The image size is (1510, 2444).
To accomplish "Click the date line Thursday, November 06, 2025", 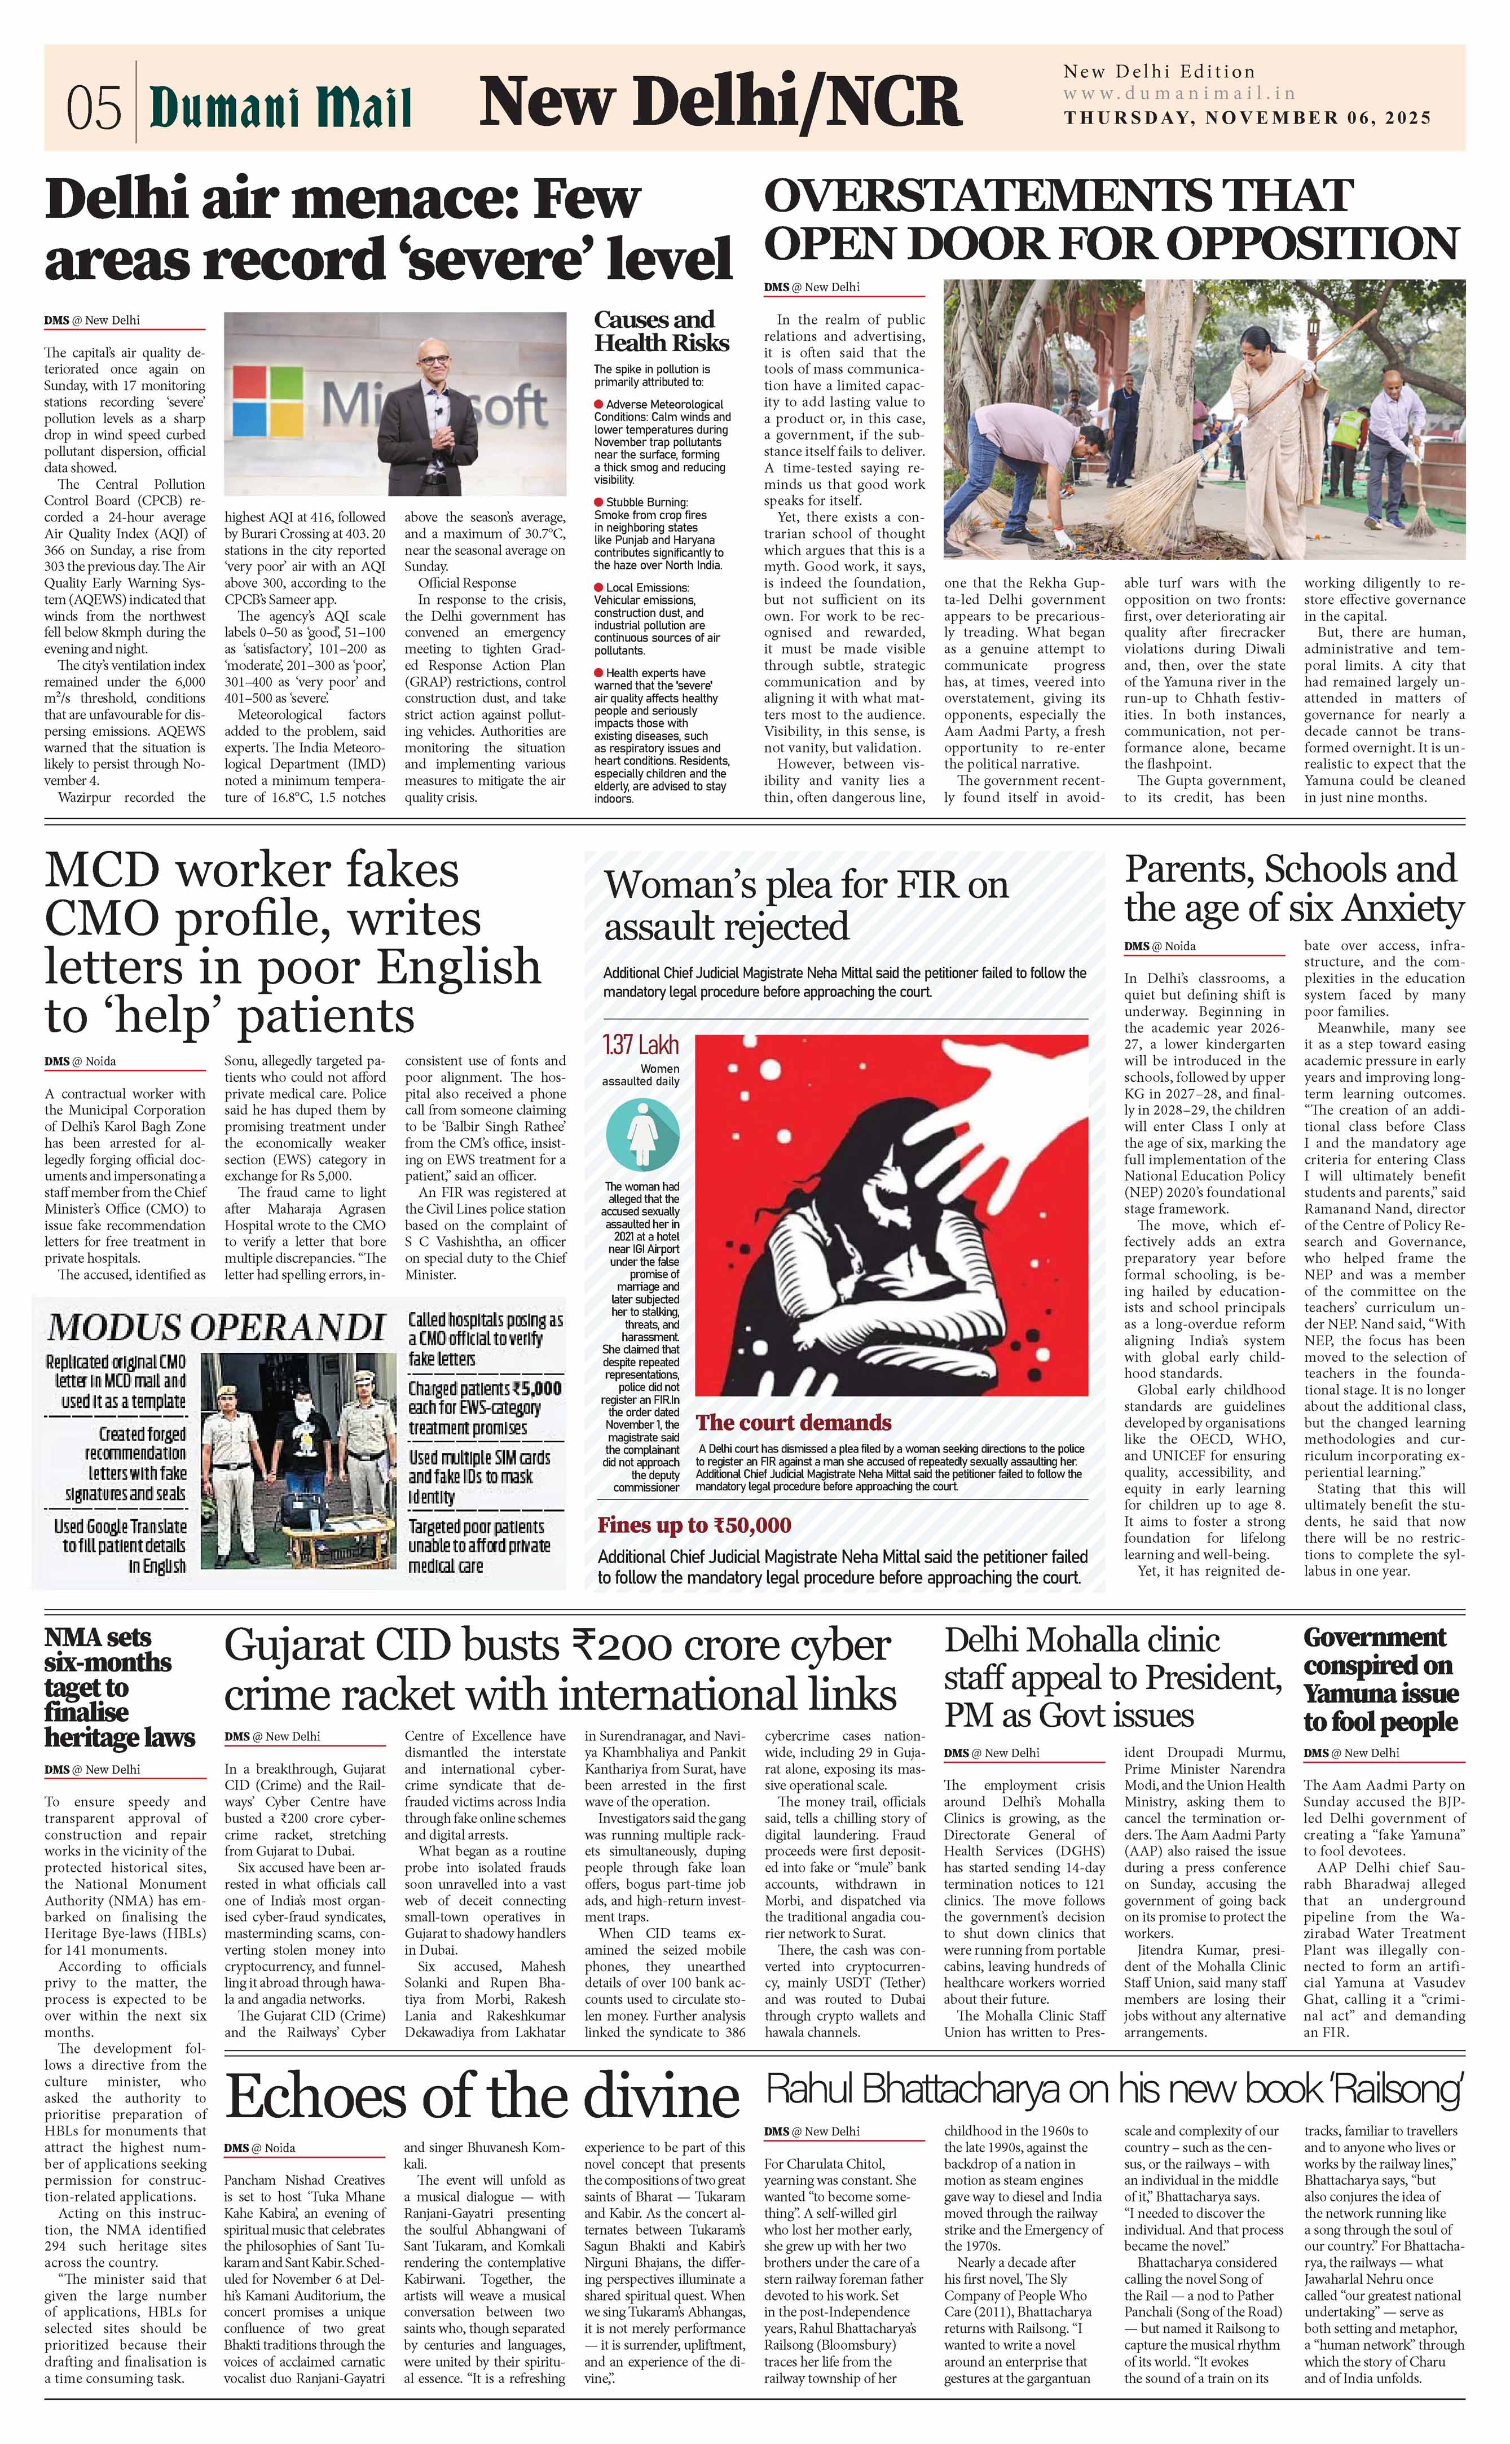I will [x=1247, y=118].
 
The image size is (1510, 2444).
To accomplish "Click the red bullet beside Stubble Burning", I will [x=598, y=502].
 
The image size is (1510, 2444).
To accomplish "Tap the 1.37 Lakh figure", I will [x=640, y=1045].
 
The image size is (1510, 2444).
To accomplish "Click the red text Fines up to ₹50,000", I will [x=694, y=1525].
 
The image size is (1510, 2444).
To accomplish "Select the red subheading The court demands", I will [x=793, y=1422].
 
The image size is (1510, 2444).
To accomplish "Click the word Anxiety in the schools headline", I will [x=1403, y=909].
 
